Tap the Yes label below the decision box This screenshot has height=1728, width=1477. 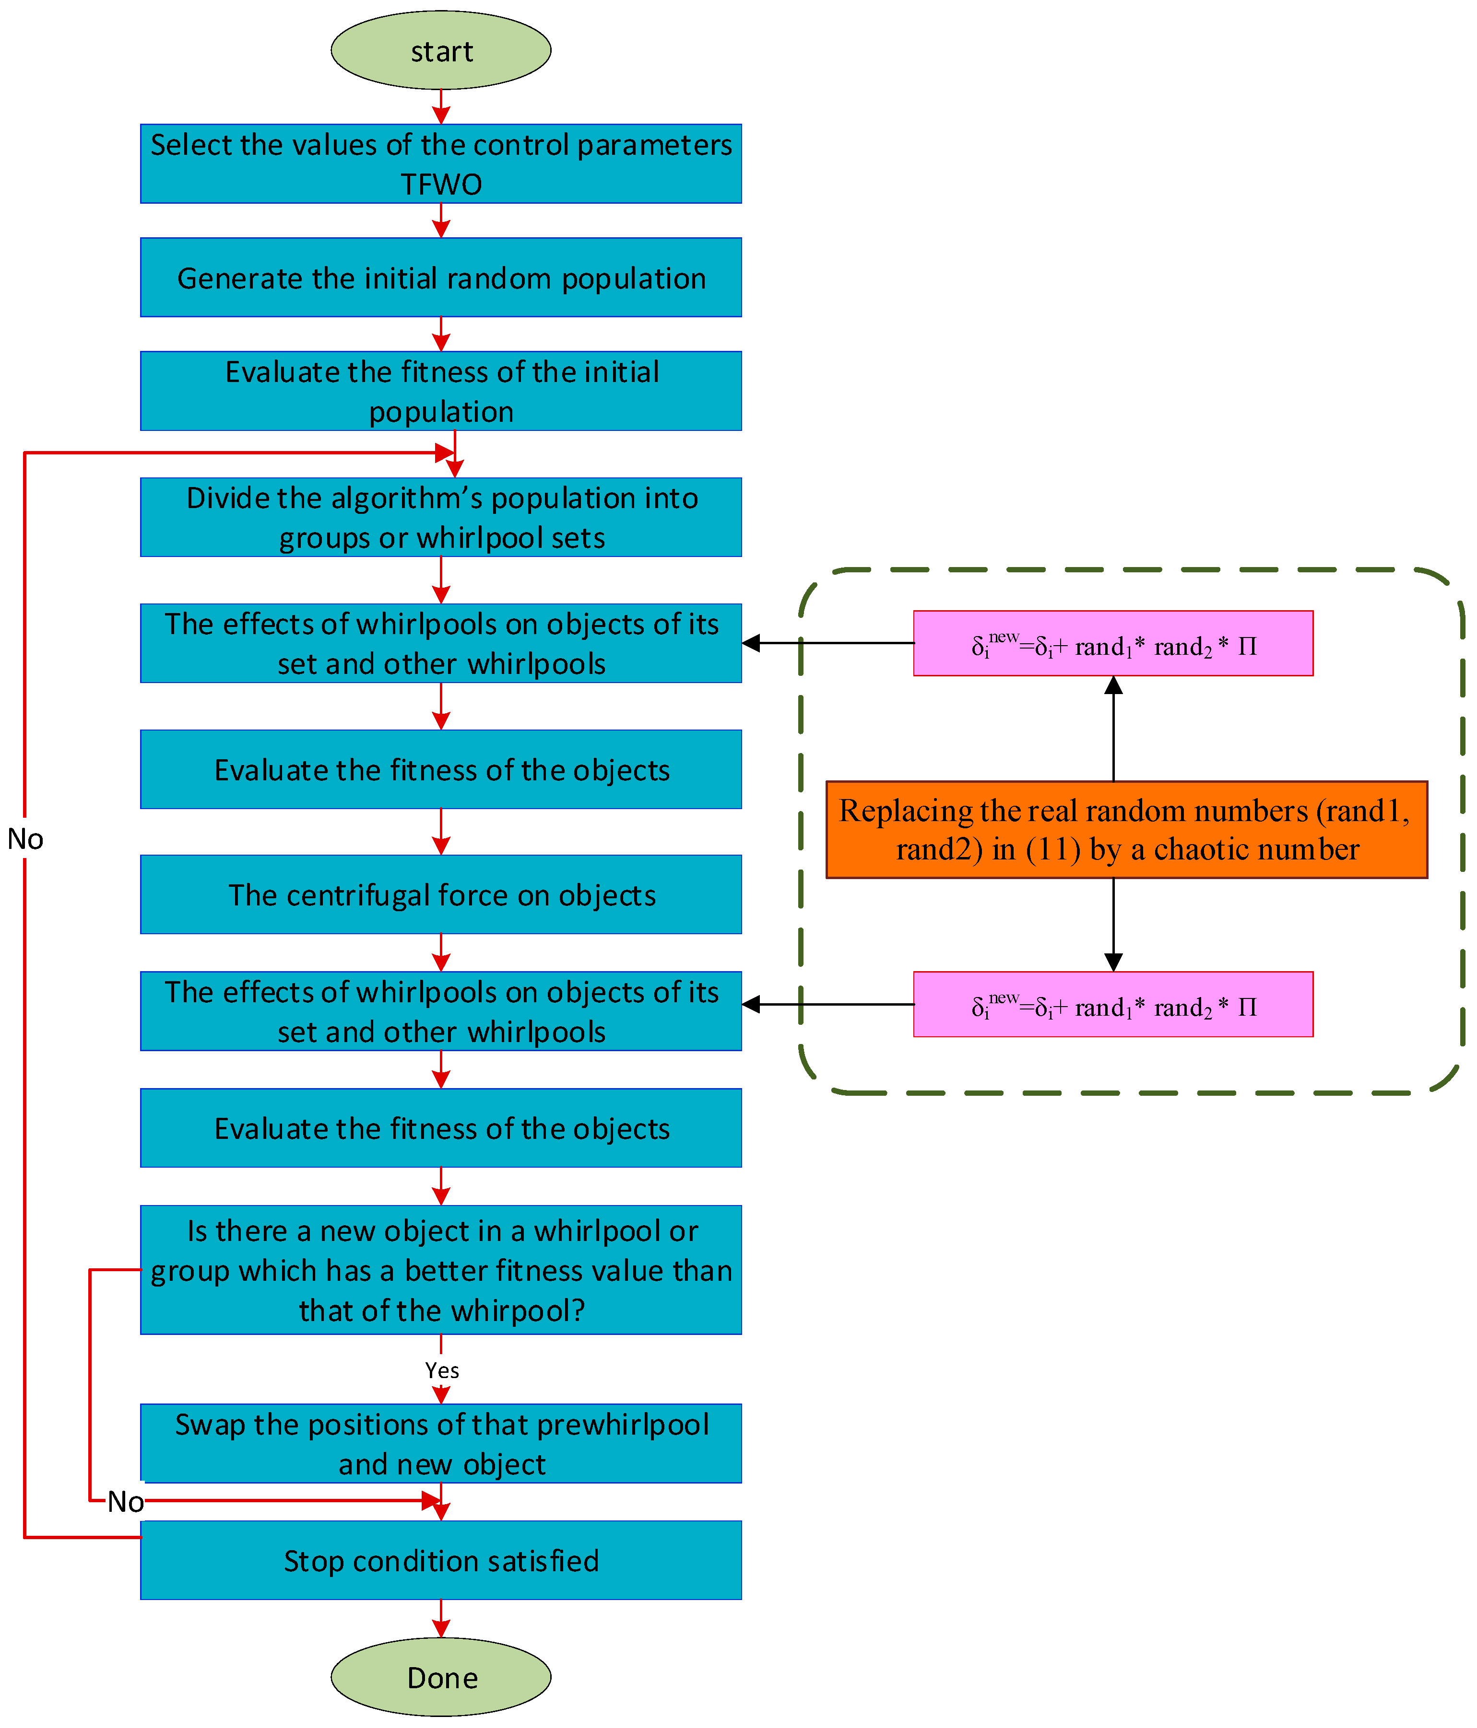(x=441, y=1370)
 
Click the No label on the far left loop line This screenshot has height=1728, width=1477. (x=25, y=839)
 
